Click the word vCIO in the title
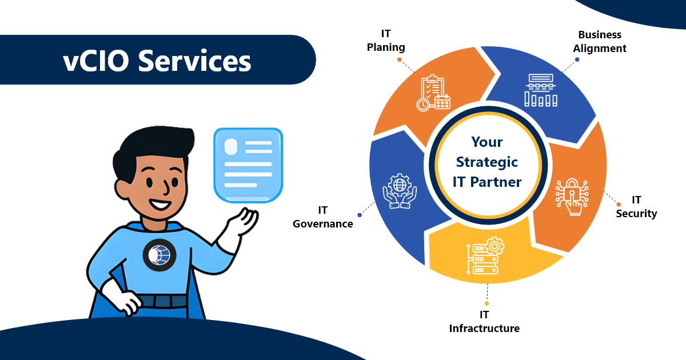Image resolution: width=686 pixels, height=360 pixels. tap(96, 61)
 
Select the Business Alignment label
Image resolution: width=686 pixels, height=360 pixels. tap(600, 42)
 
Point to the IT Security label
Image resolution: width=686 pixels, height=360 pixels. tap(636, 207)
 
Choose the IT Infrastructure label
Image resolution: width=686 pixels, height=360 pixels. tap(484, 322)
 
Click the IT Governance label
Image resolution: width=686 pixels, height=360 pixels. tap(323, 217)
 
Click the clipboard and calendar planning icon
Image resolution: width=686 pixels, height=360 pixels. tap(433, 93)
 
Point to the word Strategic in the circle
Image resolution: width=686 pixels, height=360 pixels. tap(487, 162)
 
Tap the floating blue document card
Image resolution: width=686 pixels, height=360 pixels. tap(248, 165)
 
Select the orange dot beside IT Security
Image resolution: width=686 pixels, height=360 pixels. tap(619, 204)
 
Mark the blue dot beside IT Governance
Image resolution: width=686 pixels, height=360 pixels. tap(360, 215)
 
